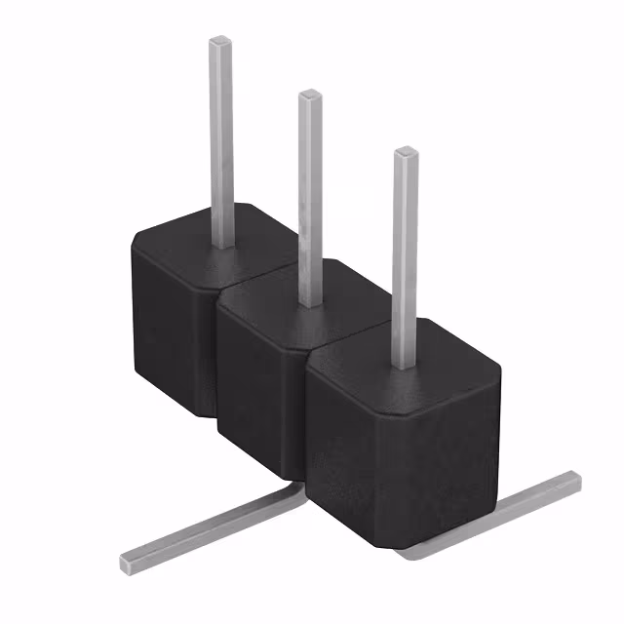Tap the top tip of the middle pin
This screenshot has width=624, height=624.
click(311, 96)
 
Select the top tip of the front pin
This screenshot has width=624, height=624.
click(406, 153)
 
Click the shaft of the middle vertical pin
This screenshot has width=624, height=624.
click(311, 195)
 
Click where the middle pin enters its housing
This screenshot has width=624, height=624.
click(311, 303)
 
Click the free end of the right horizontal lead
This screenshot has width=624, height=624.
click(573, 480)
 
